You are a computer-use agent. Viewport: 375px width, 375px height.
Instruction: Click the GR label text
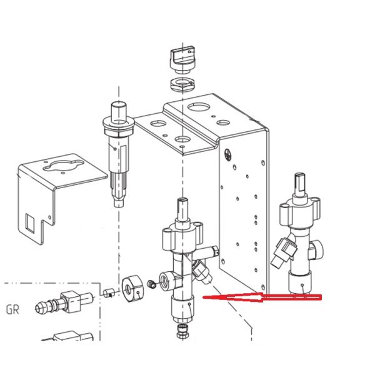coord(12,309)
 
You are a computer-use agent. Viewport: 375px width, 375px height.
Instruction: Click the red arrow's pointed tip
coord(203,297)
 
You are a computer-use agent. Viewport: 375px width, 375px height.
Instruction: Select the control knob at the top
coord(182,59)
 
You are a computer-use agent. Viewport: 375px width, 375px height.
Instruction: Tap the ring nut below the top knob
coord(182,84)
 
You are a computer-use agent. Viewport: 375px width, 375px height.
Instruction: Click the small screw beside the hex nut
coord(151,284)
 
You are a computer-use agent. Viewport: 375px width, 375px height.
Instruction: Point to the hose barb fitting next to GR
coord(63,302)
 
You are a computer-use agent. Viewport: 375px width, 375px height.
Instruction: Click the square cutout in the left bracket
coord(30,223)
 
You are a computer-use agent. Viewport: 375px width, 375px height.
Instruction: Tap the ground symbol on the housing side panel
coord(227,155)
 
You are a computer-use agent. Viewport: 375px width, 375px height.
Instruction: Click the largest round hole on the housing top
coord(197,106)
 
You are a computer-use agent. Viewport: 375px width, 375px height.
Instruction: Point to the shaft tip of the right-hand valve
coord(299,178)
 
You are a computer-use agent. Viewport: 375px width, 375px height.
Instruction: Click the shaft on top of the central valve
coord(182,210)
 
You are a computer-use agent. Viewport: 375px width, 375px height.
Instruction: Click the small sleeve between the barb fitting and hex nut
coord(109,292)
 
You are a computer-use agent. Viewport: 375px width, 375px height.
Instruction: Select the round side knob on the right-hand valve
coord(316,251)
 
